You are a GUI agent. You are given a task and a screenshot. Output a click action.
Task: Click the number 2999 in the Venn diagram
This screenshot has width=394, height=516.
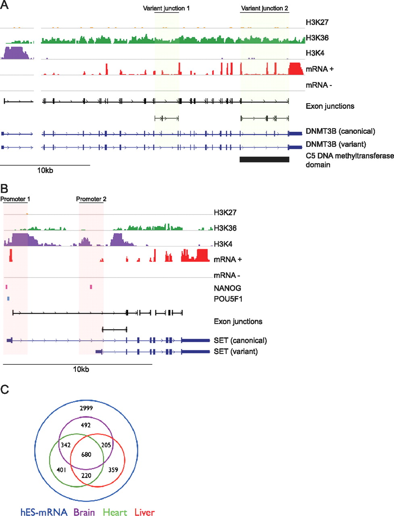(x=86, y=408)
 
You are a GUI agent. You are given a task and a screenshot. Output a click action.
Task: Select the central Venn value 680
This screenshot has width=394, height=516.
(x=86, y=455)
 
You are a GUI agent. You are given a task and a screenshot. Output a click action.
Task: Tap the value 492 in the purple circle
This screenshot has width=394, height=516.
(x=85, y=425)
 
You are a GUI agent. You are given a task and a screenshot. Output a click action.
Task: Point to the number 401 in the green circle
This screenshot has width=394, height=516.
(x=62, y=470)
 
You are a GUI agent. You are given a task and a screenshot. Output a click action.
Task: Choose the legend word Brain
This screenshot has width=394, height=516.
(x=84, y=512)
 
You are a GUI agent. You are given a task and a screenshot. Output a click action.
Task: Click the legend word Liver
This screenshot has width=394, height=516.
(x=144, y=512)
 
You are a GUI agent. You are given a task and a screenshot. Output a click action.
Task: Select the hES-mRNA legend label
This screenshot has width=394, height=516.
(x=44, y=512)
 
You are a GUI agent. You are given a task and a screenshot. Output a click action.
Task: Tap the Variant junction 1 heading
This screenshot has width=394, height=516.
(x=166, y=8)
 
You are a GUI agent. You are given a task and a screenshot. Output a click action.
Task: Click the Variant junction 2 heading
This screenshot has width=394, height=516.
(x=265, y=8)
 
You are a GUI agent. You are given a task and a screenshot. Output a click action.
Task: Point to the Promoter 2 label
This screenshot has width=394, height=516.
(x=91, y=199)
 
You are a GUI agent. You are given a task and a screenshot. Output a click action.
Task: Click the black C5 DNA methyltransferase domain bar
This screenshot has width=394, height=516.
(x=264, y=159)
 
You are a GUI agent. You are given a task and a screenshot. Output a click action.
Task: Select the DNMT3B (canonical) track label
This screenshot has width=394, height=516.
(x=340, y=131)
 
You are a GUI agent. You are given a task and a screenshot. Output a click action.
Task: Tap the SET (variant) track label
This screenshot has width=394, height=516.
(x=236, y=352)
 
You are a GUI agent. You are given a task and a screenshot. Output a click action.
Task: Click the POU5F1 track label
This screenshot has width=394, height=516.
(x=228, y=299)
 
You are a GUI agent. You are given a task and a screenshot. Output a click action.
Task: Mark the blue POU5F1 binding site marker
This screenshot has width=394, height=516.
(x=8, y=299)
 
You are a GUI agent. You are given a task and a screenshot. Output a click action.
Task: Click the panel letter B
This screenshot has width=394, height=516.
(x=4, y=188)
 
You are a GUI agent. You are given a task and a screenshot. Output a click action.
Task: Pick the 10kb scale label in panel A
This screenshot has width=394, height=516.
(x=45, y=170)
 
